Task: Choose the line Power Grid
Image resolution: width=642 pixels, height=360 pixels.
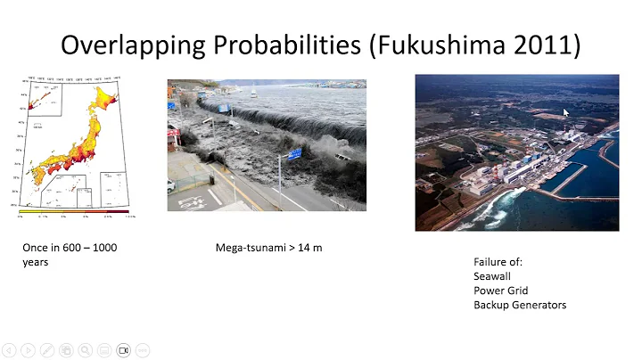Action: [x=500, y=290]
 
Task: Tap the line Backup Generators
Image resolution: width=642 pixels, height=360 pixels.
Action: [x=519, y=305]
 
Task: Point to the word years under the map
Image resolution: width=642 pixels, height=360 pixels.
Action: [x=36, y=262]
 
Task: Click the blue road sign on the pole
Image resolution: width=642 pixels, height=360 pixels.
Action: [x=293, y=153]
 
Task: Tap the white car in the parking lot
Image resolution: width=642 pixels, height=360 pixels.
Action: [x=171, y=185]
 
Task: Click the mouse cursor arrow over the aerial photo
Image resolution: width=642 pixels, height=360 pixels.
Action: [x=565, y=112]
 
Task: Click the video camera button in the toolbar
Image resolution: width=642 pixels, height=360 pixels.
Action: [x=124, y=350]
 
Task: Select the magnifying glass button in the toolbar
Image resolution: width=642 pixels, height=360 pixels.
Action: [x=85, y=350]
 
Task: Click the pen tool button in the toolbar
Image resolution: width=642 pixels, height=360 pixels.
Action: [x=45, y=350]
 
